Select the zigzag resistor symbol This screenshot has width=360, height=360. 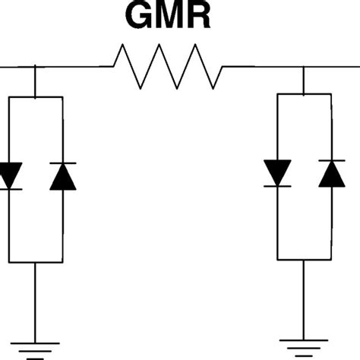point(168,67)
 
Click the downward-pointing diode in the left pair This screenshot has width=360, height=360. point(9,176)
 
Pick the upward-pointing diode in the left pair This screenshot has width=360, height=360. point(62,176)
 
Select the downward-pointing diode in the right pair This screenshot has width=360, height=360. point(277,173)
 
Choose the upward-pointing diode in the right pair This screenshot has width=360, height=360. point(331,173)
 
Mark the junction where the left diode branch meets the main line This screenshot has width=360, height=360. point(35,67)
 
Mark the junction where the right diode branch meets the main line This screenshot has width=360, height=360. point(304,67)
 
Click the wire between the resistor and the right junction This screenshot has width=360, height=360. point(262,67)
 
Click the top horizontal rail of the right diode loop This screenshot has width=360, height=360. point(304,93)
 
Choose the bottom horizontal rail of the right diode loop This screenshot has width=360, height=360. point(304,258)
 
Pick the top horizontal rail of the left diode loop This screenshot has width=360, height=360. point(35,97)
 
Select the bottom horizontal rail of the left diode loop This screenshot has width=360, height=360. point(35,262)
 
